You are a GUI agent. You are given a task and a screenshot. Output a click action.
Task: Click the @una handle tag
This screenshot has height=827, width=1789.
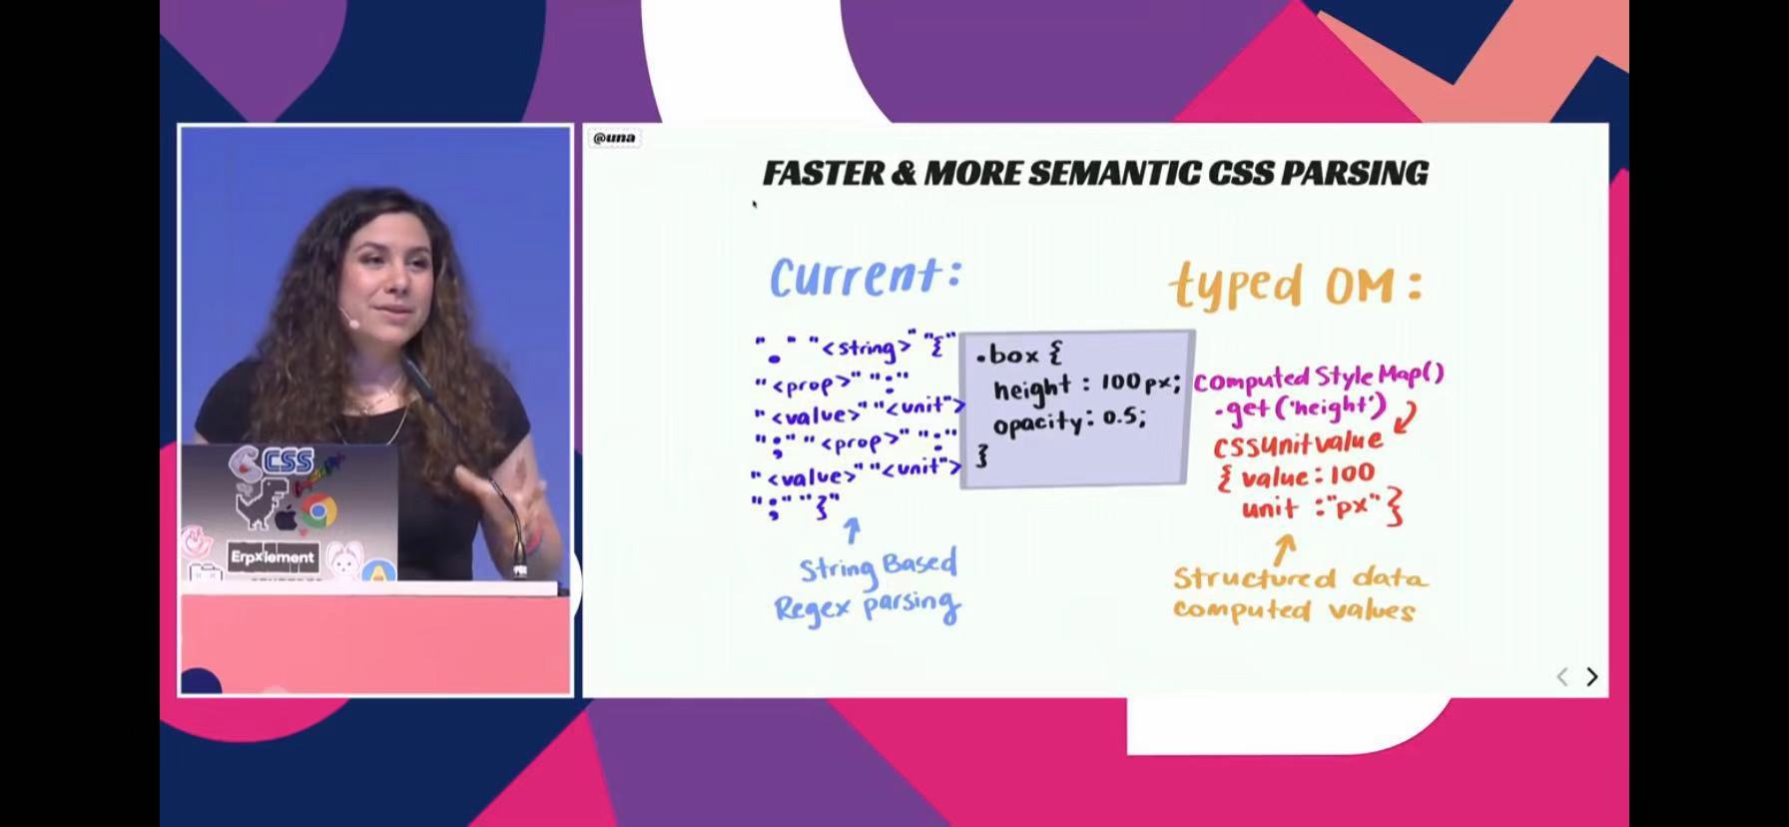pyautogui.click(x=613, y=138)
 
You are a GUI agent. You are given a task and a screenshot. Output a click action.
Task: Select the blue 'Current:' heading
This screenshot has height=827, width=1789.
pyautogui.click(x=865, y=277)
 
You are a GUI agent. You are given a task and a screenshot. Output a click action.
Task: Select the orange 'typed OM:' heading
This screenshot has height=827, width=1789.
pyautogui.click(x=1296, y=285)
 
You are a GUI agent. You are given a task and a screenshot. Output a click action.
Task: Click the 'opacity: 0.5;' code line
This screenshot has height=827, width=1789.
pyautogui.click(x=1068, y=420)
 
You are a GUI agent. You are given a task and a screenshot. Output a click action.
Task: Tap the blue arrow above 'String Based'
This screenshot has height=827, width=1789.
pyautogui.click(x=852, y=529)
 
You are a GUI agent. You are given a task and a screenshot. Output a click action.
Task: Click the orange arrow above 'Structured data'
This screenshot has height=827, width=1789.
pyautogui.click(x=1284, y=546)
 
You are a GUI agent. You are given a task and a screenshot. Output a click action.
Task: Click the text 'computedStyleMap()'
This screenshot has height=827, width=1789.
pyautogui.click(x=1318, y=379)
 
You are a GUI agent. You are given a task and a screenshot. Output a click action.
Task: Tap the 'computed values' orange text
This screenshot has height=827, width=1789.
pyautogui.click(x=1294, y=609)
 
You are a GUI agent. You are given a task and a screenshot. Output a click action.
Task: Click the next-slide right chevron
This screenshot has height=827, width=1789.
pyautogui.click(x=1592, y=676)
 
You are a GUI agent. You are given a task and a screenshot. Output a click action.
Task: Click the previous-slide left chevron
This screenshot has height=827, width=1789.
pyautogui.click(x=1562, y=676)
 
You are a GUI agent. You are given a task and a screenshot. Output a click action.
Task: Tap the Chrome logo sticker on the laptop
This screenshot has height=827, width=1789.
pyautogui.click(x=317, y=511)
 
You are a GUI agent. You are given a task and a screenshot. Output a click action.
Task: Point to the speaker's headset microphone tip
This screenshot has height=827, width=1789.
pyautogui.click(x=351, y=323)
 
